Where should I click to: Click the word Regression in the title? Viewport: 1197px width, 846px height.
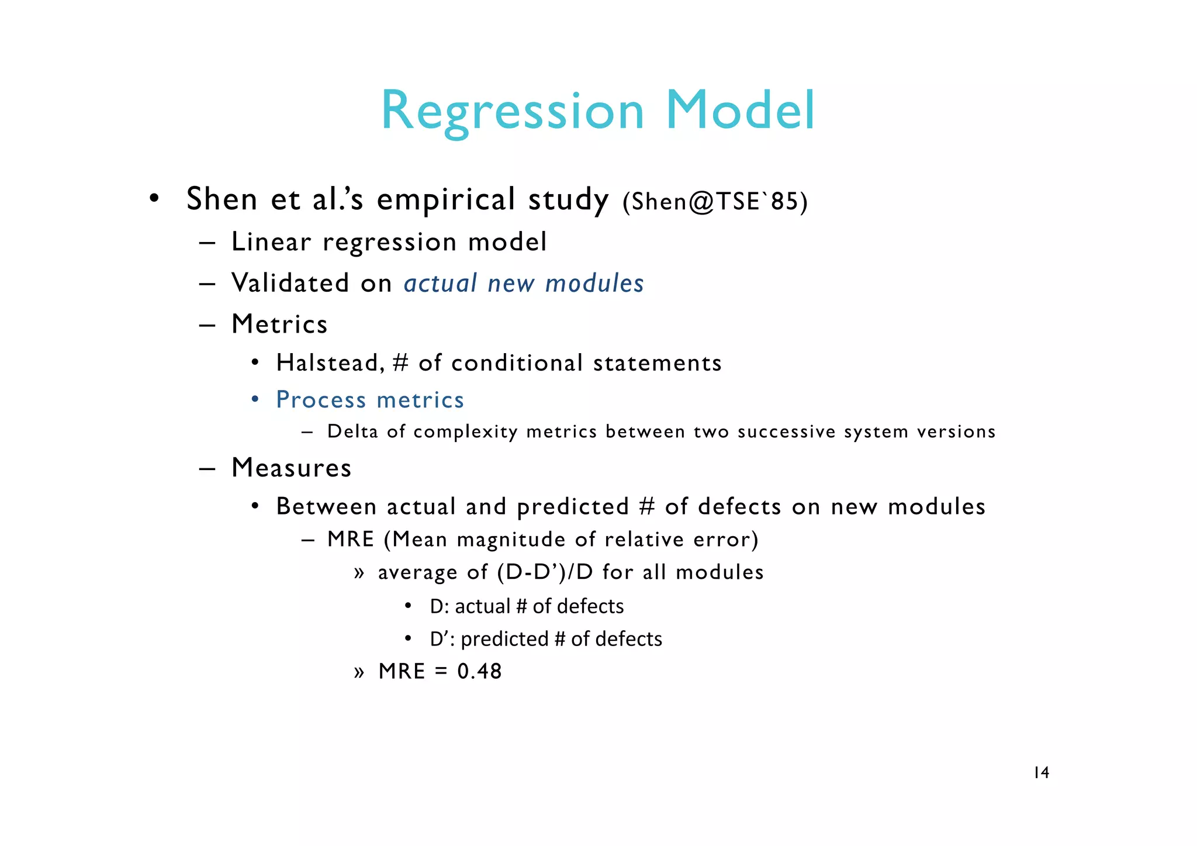[512, 111]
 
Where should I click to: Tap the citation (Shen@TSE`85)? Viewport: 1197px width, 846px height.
[715, 202]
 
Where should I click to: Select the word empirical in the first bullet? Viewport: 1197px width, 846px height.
[445, 199]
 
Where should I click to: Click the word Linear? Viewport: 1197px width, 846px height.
[271, 242]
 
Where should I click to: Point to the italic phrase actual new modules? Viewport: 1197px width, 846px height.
[524, 284]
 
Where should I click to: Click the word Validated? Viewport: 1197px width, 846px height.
[290, 283]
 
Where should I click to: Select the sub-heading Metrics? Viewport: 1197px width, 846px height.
[279, 324]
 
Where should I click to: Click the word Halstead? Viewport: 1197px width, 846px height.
[329, 363]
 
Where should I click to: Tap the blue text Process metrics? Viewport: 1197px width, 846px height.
[370, 400]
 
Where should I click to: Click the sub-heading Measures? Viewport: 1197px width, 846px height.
[291, 468]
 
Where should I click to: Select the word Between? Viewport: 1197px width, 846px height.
[326, 506]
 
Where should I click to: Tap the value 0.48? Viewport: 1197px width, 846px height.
[479, 671]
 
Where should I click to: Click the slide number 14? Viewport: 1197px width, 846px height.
[1041, 773]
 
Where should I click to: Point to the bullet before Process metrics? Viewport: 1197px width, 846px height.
[255, 400]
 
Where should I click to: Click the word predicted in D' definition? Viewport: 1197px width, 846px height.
[504, 639]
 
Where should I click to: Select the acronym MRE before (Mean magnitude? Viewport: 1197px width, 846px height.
[350, 539]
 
